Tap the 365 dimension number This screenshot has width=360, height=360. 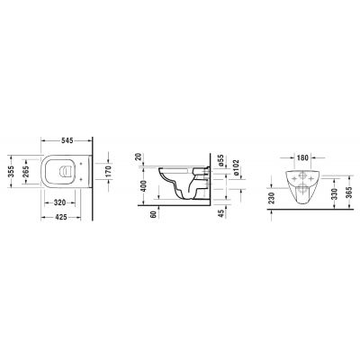350,194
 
